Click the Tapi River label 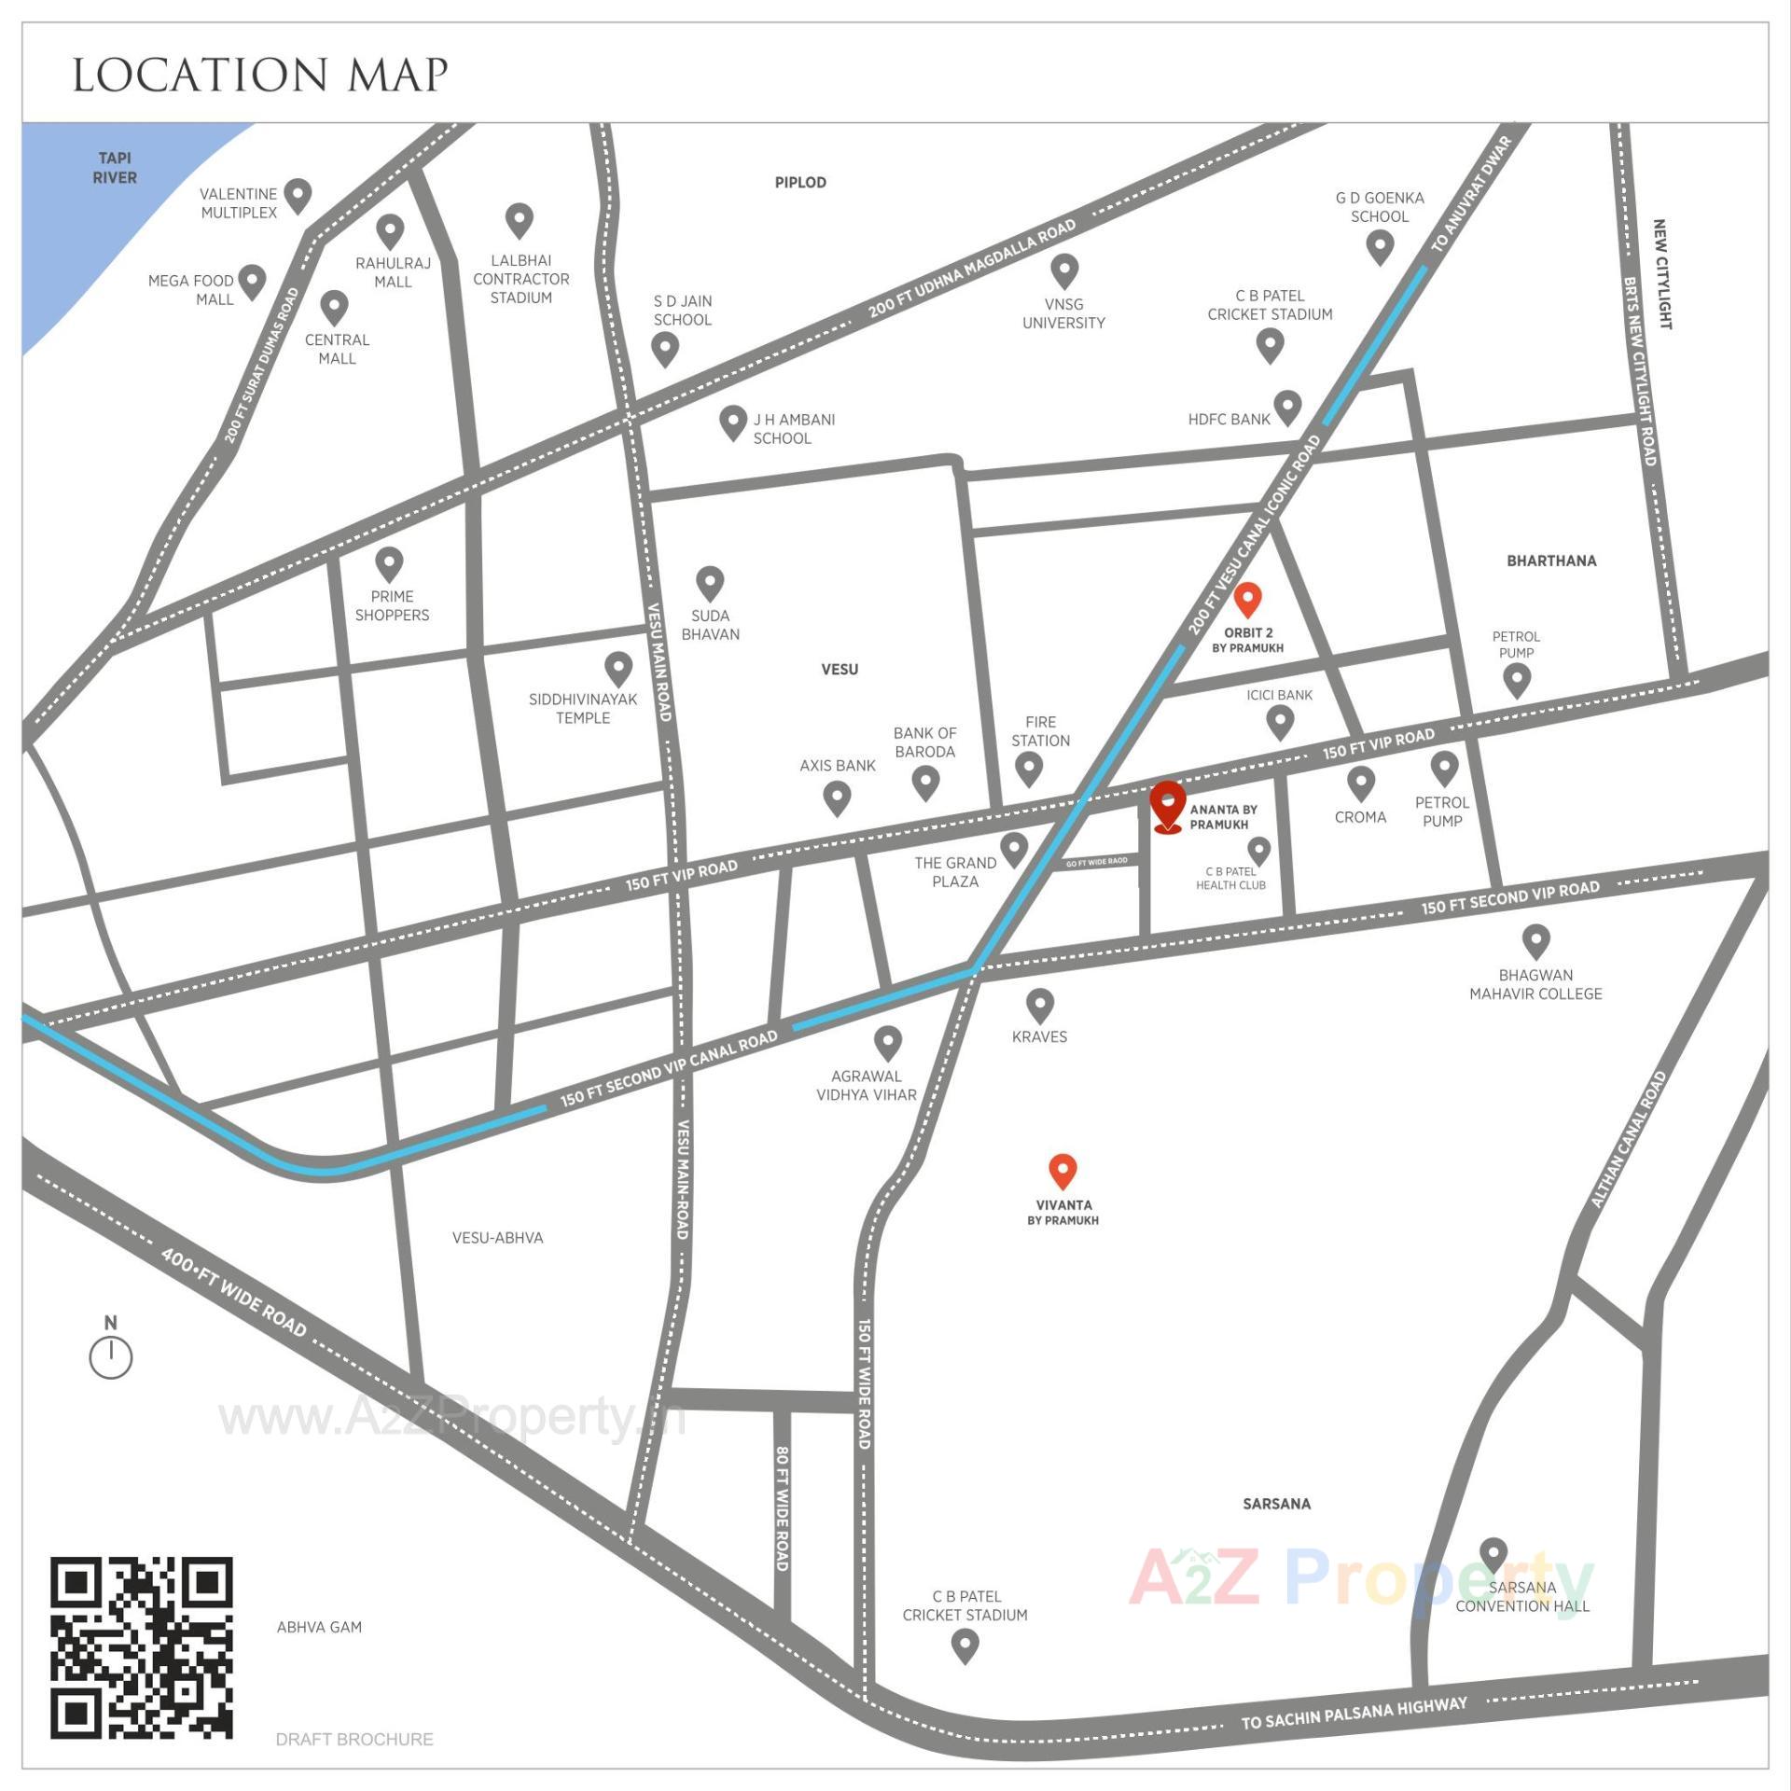[115, 168]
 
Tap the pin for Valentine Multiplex [298, 195]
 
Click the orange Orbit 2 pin [1247, 599]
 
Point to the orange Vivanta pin [1062, 1171]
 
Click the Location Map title [260, 76]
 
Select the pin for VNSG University [1064, 271]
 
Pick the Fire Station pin [1029, 769]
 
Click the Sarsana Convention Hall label [1521, 1596]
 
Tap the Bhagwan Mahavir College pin [1535, 940]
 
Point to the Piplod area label [800, 183]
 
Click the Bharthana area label [1551, 561]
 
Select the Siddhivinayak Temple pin [618, 668]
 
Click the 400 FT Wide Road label [233, 1292]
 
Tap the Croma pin [1361, 782]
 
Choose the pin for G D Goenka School [1380, 246]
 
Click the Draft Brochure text [354, 1739]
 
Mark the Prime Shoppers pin [389, 563]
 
